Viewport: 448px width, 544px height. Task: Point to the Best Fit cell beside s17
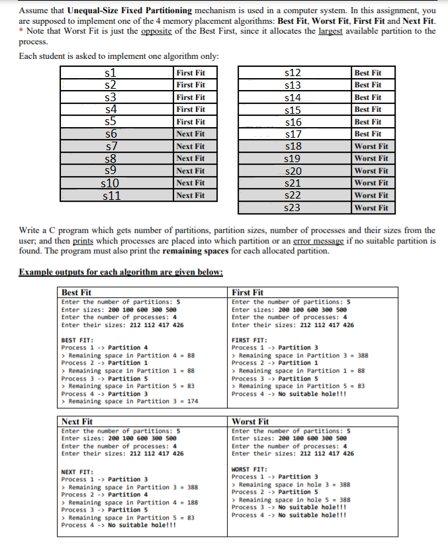point(367,134)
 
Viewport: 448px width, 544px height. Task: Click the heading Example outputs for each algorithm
point(120,272)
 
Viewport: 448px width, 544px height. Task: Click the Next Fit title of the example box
point(77,421)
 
